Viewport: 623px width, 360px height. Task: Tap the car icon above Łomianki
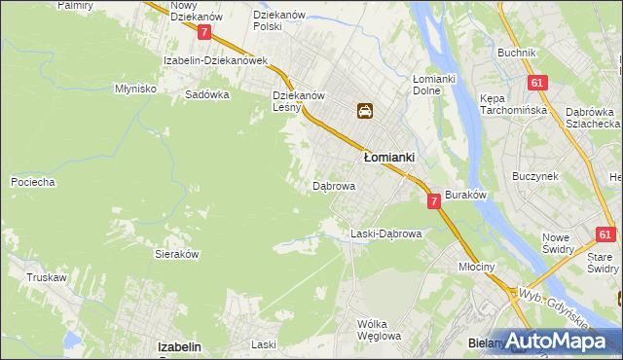tap(364, 111)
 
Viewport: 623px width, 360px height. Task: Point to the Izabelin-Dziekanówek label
tap(216, 60)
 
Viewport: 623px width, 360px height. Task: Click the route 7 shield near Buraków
tap(434, 200)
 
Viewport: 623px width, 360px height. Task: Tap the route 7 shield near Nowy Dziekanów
tap(204, 32)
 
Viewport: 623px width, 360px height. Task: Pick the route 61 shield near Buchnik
tap(536, 84)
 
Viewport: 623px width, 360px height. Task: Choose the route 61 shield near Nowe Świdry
tap(605, 234)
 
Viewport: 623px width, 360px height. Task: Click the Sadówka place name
tap(206, 95)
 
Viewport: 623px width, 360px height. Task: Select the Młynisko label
tap(136, 88)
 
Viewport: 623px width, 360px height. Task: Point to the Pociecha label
tap(32, 182)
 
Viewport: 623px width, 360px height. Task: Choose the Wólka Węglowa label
tap(380, 330)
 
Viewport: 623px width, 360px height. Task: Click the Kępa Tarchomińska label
tap(508, 104)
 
